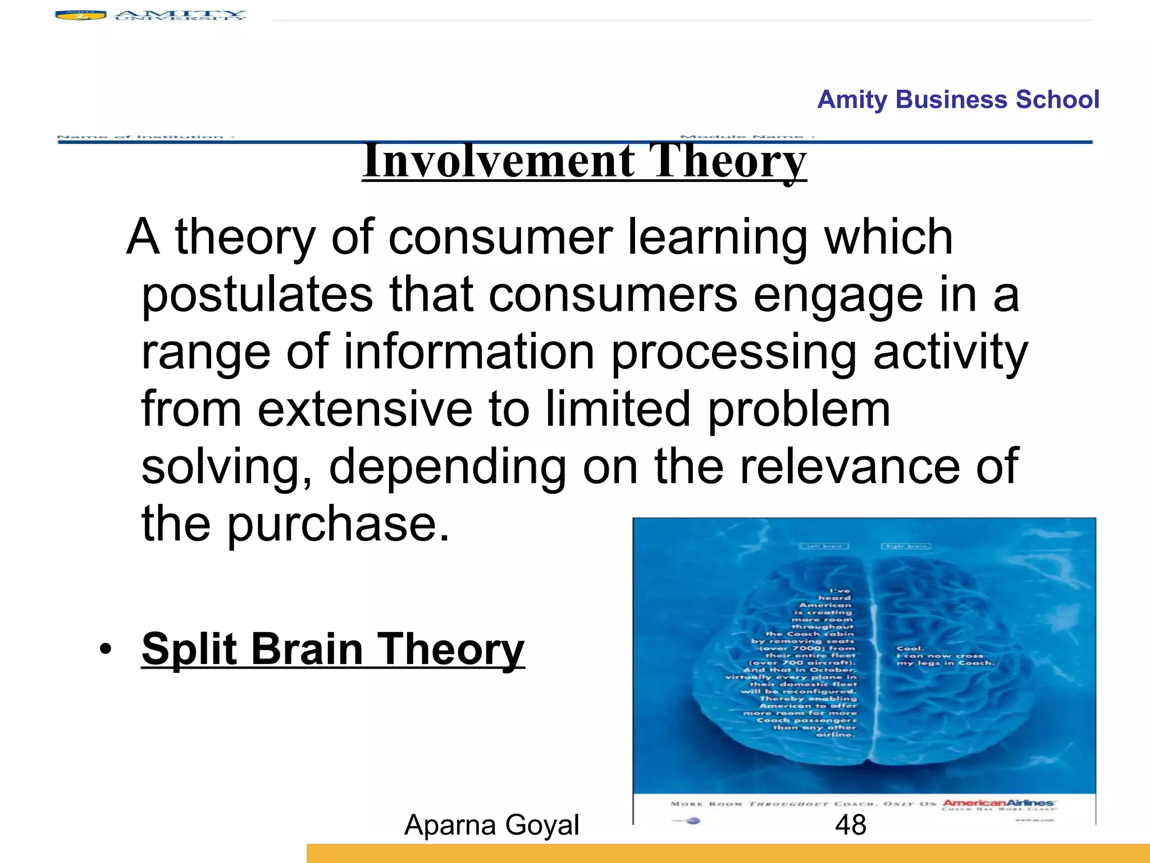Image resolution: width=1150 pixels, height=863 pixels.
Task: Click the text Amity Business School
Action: coord(958,99)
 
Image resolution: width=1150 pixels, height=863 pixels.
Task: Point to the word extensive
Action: coord(365,409)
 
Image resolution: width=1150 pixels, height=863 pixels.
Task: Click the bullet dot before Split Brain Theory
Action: coord(105,649)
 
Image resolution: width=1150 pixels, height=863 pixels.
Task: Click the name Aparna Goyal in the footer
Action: coord(491,825)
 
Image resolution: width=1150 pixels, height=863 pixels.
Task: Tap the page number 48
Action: coord(850,825)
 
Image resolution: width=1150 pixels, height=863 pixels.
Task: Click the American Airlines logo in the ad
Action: coord(998,803)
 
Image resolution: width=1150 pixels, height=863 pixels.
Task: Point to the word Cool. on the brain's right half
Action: coord(910,648)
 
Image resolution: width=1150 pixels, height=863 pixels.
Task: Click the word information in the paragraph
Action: coord(468,352)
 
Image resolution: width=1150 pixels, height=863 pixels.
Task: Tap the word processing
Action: coord(733,352)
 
